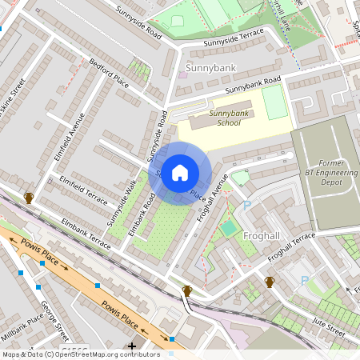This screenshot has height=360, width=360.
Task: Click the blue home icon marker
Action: coord(180,173)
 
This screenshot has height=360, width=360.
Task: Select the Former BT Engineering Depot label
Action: coord(326,171)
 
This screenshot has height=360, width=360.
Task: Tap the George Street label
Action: coord(55,315)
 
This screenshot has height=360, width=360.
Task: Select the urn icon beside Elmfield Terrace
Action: coord(29,198)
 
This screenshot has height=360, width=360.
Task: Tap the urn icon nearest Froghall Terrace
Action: coord(270,282)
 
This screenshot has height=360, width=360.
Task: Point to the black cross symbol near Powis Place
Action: coord(132,346)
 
